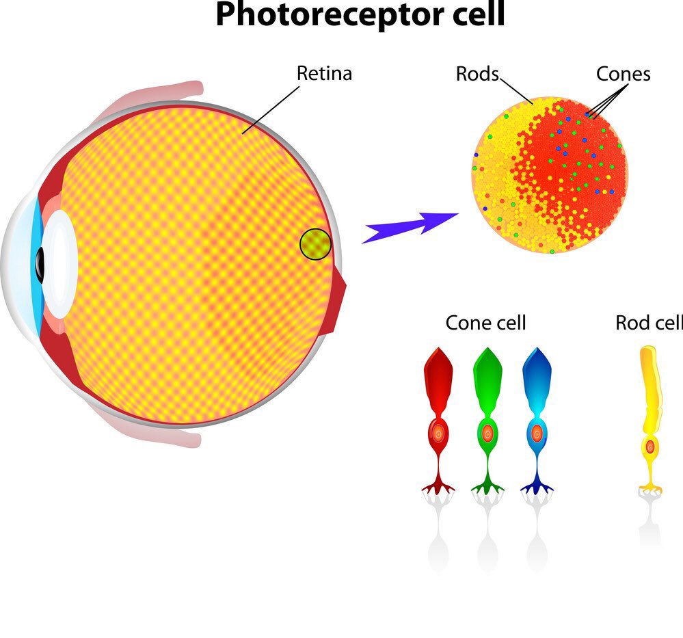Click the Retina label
[324, 73]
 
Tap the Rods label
[477, 73]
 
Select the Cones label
[623, 73]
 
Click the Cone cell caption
[485, 322]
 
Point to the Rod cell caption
[648, 322]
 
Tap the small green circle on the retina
[315, 244]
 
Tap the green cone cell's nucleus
[487, 433]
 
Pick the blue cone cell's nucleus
[537, 433]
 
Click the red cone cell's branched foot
[438, 487]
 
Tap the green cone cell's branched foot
[487, 487]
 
